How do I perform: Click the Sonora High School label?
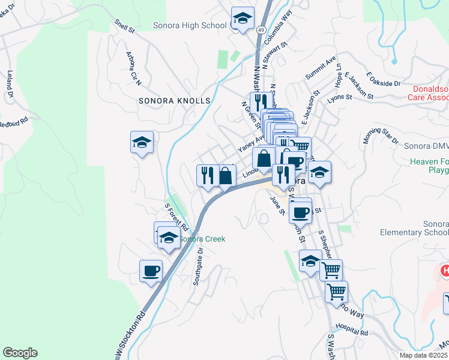click(190, 25)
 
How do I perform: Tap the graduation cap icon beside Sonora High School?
click(242, 20)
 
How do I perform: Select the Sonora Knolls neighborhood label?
click(175, 101)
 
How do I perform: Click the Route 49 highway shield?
click(261, 29)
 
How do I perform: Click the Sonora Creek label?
click(202, 239)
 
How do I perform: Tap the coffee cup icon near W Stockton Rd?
click(151, 271)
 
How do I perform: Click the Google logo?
click(20, 353)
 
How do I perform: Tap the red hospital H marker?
click(445, 271)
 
